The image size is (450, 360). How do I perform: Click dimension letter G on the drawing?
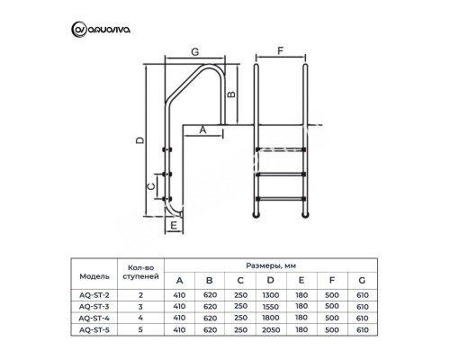click(195, 53)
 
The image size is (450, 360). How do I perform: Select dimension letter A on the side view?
click(202, 130)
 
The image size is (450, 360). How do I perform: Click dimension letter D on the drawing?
click(138, 140)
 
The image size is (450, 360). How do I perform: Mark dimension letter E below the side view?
click(172, 227)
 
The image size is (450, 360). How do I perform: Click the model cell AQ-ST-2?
click(93, 294)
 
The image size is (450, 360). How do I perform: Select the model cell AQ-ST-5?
click(93, 331)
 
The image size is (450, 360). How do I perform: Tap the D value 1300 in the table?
click(271, 294)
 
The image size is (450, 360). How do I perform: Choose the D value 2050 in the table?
click(271, 331)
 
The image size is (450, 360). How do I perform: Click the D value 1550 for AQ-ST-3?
click(271, 307)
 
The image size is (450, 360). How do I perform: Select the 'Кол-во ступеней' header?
click(139, 273)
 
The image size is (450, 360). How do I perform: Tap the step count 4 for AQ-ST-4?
click(139, 319)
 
